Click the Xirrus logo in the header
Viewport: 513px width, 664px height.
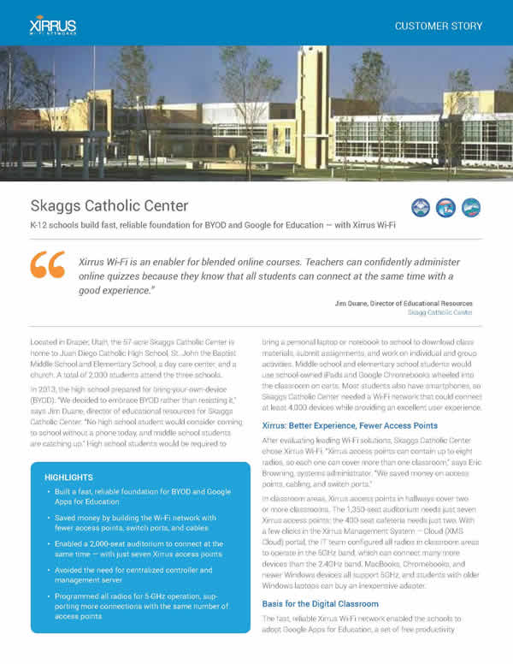coord(54,22)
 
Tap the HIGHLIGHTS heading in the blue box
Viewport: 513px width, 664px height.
coord(70,476)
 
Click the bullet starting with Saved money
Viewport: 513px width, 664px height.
coord(141,526)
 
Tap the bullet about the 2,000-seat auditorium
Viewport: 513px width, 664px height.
coord(141,549)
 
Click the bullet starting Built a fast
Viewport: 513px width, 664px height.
coord(141,498)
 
